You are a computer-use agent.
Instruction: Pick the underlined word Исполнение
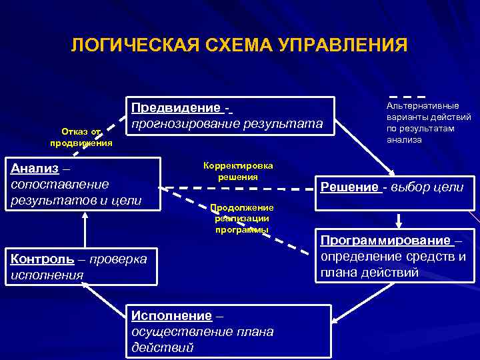click(171, 316)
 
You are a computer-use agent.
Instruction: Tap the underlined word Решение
click(349, 187)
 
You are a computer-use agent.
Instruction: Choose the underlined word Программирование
click(385, 241)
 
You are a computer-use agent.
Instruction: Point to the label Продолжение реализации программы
click(241, 219)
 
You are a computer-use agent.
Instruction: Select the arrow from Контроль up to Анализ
click(85, 231)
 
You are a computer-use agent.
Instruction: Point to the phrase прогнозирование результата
click(227, 124)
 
